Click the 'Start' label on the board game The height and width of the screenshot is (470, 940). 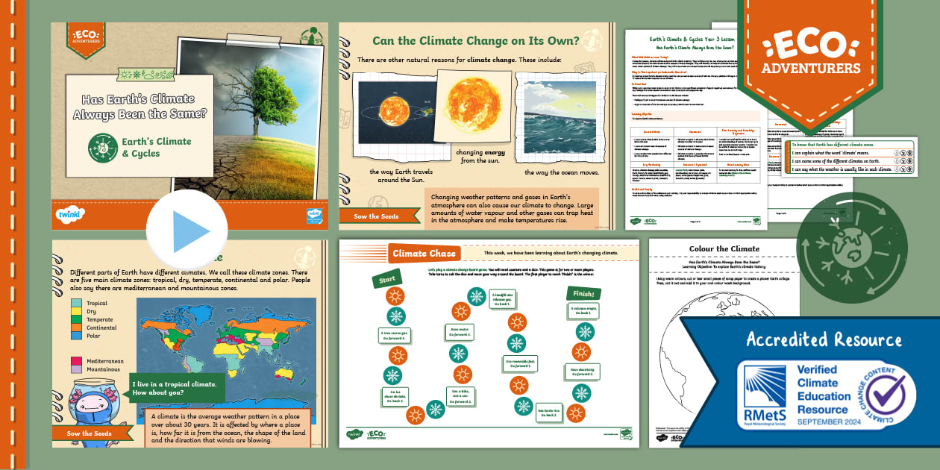coord(386,278)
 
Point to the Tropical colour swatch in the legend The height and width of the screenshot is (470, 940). coord(75,304)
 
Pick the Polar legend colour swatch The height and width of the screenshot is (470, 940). coord(75,336)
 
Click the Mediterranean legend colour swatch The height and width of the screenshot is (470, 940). coord(75,361)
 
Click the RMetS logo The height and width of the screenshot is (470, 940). coord(764,395)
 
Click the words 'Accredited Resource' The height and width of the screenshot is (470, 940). coord(824,340)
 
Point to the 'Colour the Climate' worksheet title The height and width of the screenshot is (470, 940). coord(724,249)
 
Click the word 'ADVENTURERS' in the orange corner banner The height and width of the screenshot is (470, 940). coord(810,69)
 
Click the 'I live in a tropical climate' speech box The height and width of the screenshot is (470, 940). coord(177,388)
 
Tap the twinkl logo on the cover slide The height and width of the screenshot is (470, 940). coord(70,214)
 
